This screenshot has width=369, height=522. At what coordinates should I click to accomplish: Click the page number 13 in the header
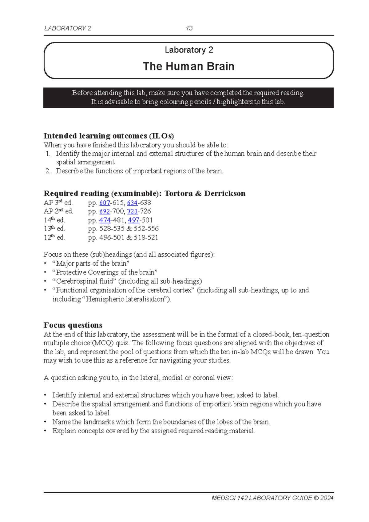pyautogui.click(x=189, y=28)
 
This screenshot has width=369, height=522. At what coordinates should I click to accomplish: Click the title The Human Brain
pyautogui.click(x=188, y=66)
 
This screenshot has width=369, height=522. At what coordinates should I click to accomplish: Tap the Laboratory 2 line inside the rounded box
pyautogui.click(x=189, y=50)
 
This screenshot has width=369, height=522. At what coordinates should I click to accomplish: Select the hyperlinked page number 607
pyautogui.click(x=105, y=203)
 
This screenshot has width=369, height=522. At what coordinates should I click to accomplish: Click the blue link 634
pyautogui.click(x=132, y=203)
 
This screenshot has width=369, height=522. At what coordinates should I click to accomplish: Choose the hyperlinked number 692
pyautogui.click(x=105, y=211)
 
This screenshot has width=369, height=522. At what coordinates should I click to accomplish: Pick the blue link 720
pyautogui.click(x=132, y=211)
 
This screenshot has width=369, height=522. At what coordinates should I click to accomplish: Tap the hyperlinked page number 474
pyautogui.click(x=105, y=220)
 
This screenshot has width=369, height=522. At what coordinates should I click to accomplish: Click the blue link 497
pyautogui.click(x=133, y=220)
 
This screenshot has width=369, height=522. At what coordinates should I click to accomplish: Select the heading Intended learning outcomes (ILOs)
pyautogui.click(x=109, y=136)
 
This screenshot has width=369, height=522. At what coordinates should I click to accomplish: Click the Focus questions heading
pyautogui.click(x=73, y=325)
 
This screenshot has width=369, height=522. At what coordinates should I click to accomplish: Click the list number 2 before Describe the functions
pyautogui.click(x=48, y=171)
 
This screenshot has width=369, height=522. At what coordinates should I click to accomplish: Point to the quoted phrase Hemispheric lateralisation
pyautogui.click(x=126, y=299)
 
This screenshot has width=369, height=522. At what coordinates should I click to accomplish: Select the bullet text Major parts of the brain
pyautogui.click(x=91, y=263)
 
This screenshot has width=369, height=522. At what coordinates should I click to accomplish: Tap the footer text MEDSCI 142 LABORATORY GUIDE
pyautogui.click(x=261, y=498)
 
